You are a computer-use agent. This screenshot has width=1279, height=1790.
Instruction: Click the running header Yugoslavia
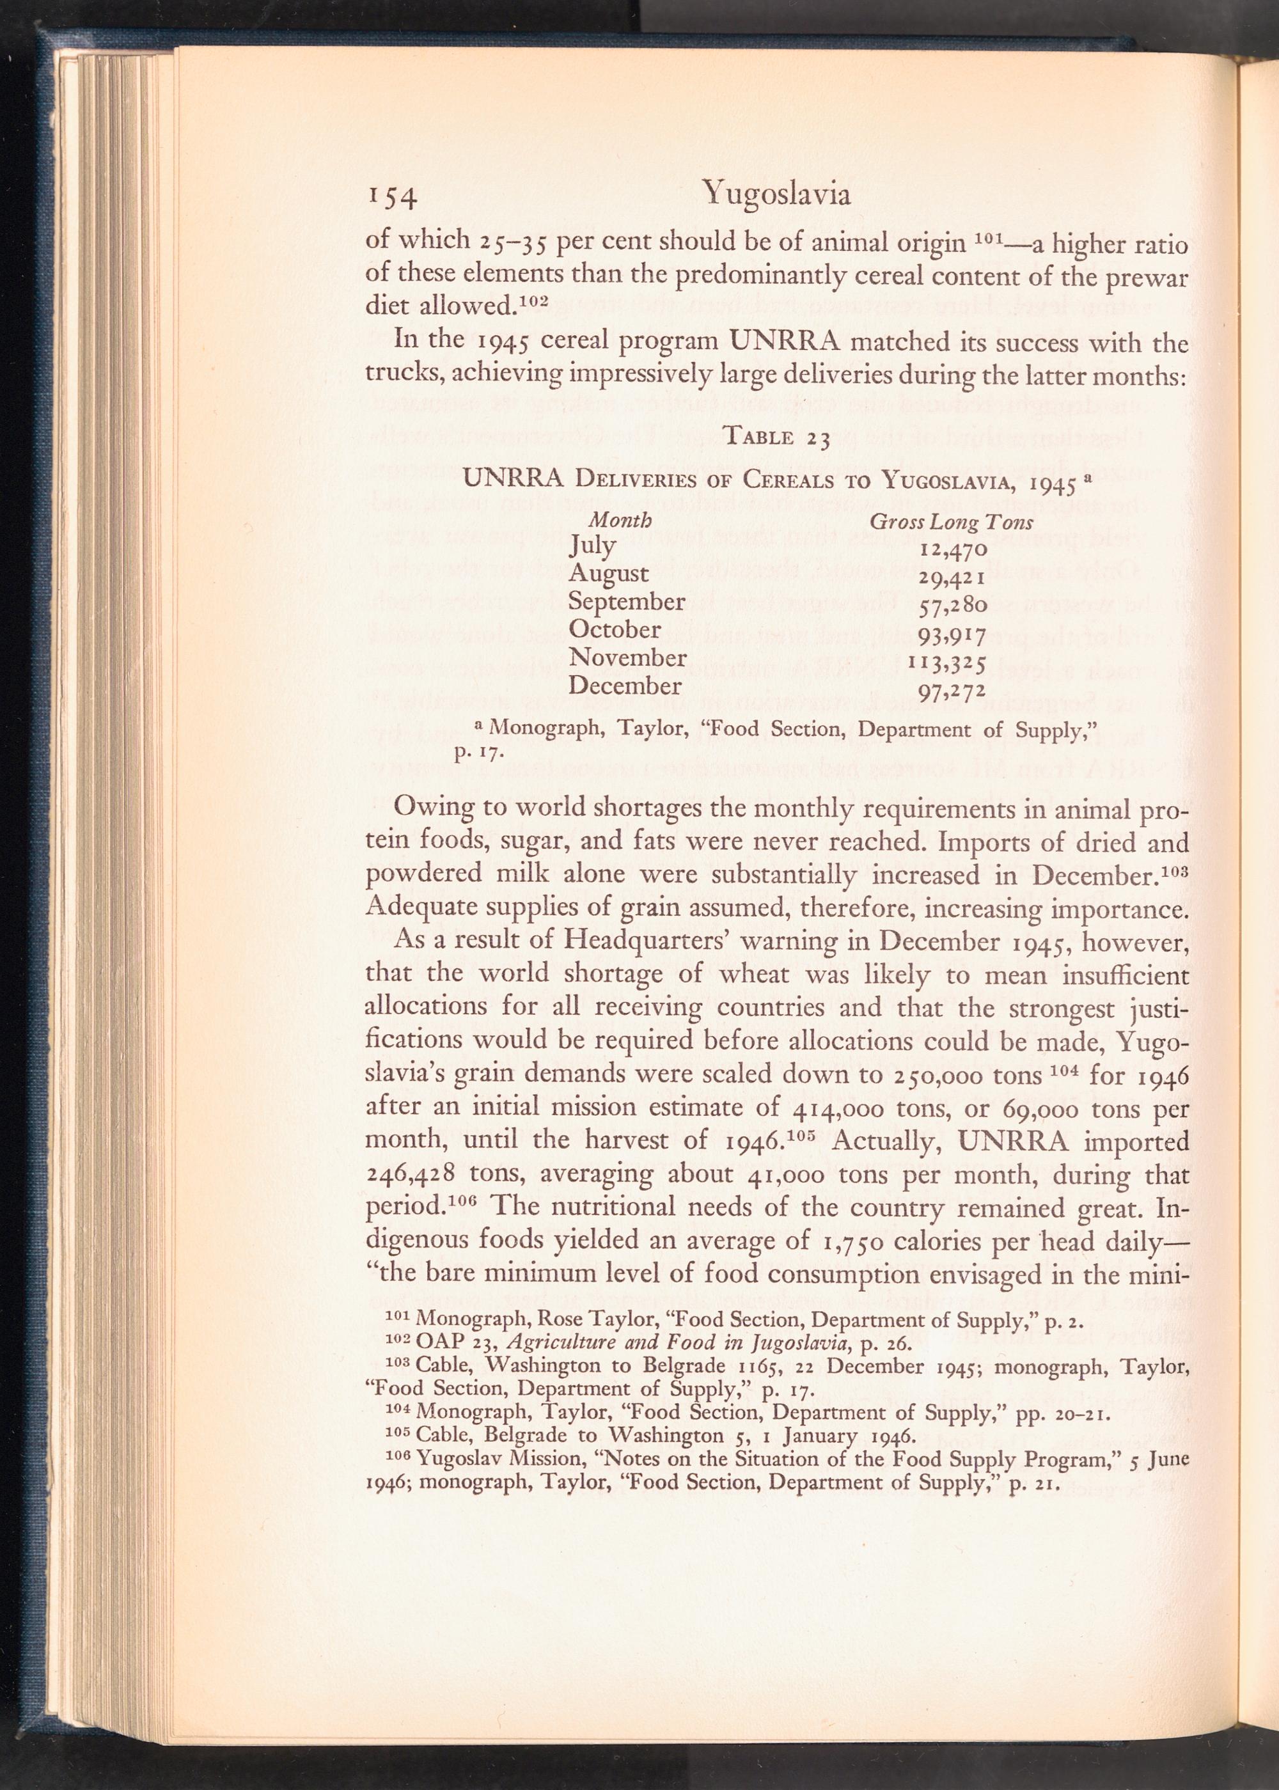[x=776, y=193]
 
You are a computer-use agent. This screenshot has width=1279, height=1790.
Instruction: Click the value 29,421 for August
[x=952, y=577]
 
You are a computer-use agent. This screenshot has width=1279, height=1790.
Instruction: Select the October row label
[x=615, y=630]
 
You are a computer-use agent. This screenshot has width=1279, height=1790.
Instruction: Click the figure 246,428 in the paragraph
[x=408, y=1174]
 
